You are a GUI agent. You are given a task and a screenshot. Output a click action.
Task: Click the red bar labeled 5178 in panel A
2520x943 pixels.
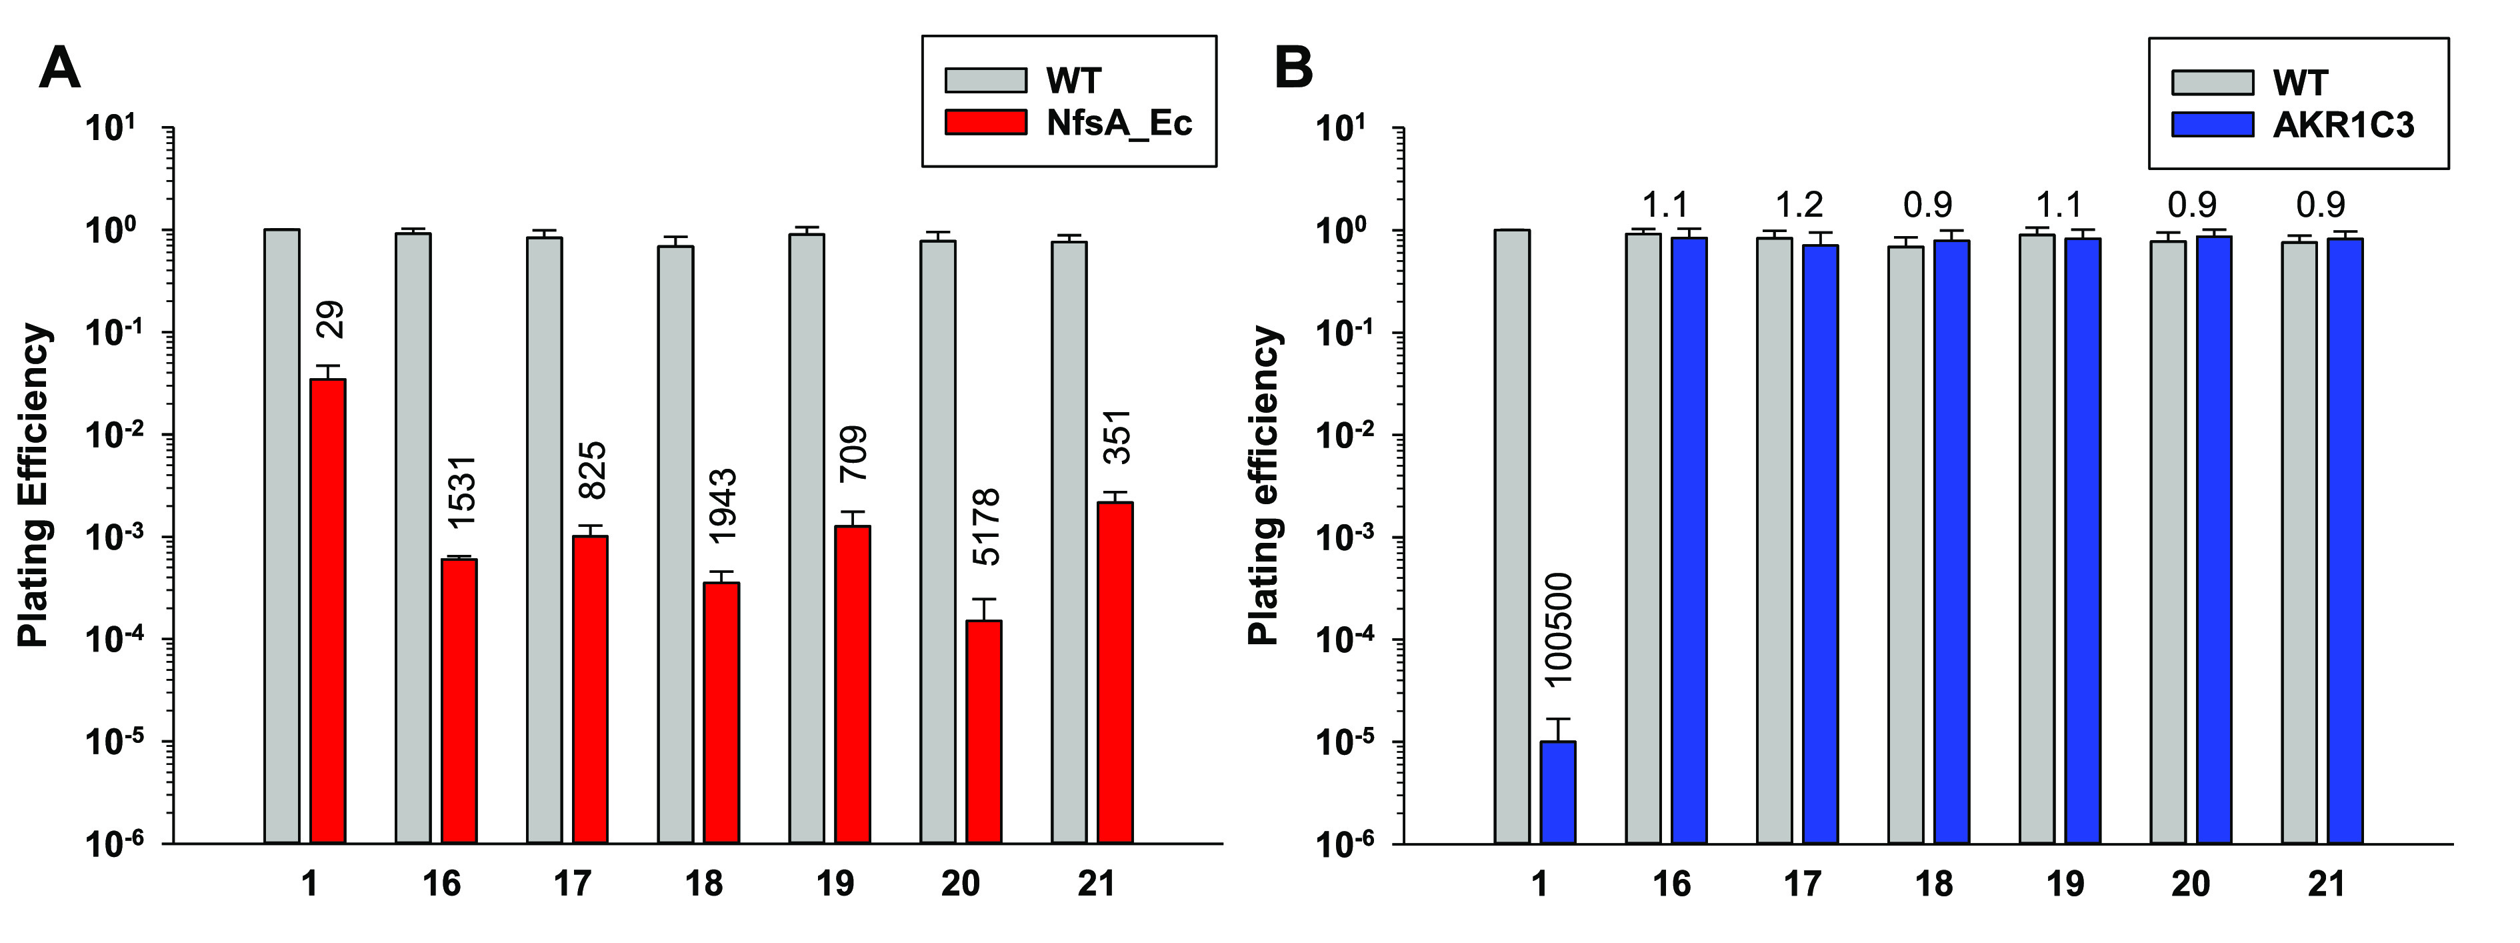click(x=983, y=731)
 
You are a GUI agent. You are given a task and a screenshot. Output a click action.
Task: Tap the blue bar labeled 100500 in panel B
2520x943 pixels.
click(x=1559, y=792)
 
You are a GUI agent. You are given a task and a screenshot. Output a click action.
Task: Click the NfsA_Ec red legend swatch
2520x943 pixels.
click(x=985, y=122)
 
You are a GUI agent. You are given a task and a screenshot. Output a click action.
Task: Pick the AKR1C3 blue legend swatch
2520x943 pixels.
click(x=2212, y=124)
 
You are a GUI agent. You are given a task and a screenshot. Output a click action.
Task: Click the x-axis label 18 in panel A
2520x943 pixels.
click(x=703, y=884)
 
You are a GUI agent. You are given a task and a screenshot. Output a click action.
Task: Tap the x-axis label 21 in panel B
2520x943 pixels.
click(x=2326, y=884)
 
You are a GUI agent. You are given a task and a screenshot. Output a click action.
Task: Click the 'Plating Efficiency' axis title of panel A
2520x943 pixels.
click(x=34, y=486)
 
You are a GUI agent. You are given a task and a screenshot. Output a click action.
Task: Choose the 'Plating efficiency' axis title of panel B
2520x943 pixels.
click(x=1264, y=486)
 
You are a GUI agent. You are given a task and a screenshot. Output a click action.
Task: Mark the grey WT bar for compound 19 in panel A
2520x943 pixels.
click(x=806, y=538)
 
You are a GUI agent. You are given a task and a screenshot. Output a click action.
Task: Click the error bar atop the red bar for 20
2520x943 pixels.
click(x=983, y=608)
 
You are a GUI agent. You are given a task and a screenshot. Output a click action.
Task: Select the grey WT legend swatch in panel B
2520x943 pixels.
click(x=2212, y=82)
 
